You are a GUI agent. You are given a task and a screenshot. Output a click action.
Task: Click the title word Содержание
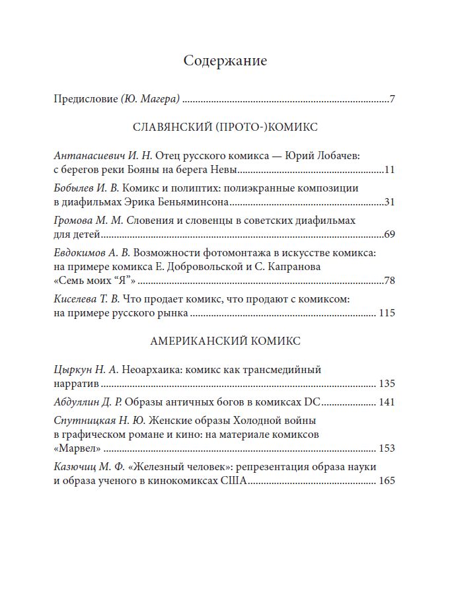[225, 61]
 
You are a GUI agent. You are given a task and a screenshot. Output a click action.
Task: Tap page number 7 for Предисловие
[392, 100]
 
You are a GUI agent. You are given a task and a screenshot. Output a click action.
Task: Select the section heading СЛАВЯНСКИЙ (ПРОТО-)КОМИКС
[225, 127]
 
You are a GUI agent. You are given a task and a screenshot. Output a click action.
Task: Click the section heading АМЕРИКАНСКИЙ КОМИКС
[225, 341]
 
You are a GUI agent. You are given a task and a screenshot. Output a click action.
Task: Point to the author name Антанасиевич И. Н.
[102, 156]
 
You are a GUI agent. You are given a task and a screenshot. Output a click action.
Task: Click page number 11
[389, 170]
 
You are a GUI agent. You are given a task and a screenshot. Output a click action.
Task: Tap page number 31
[389, 202]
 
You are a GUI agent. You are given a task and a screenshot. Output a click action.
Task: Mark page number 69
[389, 234]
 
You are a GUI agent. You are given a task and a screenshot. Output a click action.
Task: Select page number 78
[389, 281]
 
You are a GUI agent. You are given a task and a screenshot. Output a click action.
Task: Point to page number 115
[387, 313]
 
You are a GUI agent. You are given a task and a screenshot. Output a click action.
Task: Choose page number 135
[387, 384]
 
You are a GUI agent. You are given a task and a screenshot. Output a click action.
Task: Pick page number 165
[387, 481]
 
